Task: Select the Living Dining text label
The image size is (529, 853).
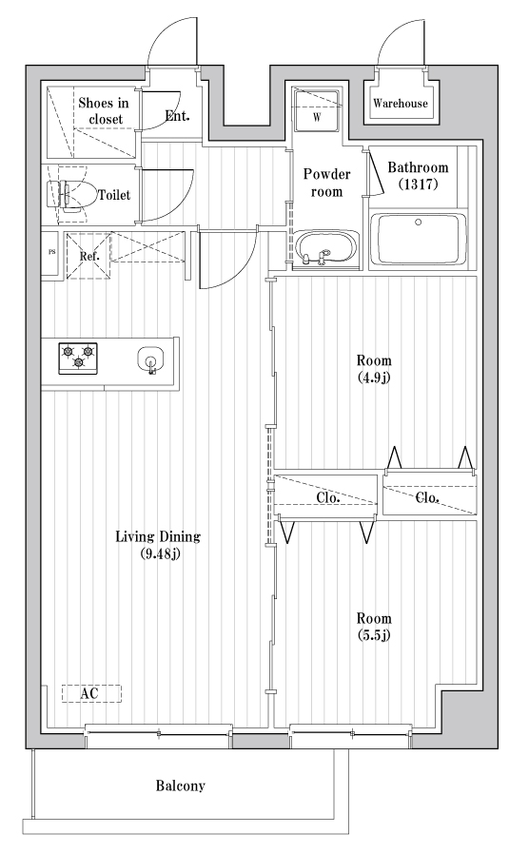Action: (158, 544)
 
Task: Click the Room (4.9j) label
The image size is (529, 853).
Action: (374, 368)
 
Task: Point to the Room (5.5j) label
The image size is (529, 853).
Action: (374, 624)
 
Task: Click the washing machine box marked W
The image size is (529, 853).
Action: (318, 111)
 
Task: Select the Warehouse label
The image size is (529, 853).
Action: (400, 104)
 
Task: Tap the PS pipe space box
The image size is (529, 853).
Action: (52, 254)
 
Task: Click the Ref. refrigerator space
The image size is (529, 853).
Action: (88, 256)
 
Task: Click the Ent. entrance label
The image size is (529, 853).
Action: (176, 116)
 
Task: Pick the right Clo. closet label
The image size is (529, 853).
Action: (427, 497)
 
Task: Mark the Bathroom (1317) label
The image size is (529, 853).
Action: (412, 175)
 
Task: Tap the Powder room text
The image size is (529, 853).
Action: (326, 183)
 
